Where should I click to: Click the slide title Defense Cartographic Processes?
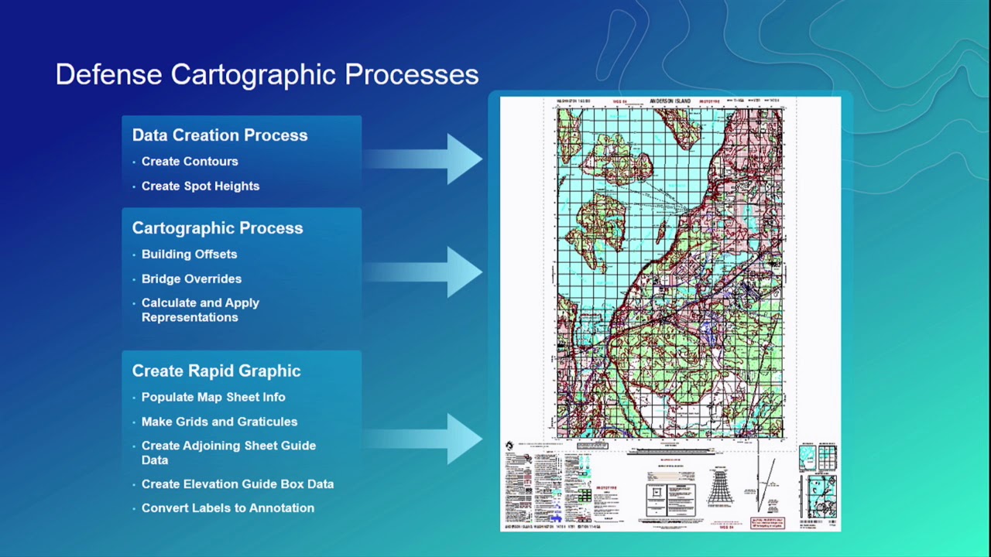click(266, 74)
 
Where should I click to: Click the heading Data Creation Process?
click(219, 135)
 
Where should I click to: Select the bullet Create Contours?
click(189, 162)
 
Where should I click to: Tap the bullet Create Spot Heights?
click(200, 186)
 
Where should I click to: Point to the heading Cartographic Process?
click(217, 228)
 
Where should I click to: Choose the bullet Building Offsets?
click(189, 255)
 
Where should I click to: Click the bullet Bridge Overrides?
click(191, 279)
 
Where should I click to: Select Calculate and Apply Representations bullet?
click(200, 310)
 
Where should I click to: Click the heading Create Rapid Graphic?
click(216, 371)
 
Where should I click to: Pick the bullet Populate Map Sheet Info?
click(213, 398)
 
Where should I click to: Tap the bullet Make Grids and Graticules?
click(219, 422)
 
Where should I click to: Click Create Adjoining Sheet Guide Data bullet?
click(228, 453)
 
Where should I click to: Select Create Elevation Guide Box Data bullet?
click(237, 484)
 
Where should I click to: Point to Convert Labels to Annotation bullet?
click(228, 508)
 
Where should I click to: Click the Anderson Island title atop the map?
click(670, 101)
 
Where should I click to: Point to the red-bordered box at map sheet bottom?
click(768, 523)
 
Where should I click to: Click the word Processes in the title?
click(411, 74)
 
